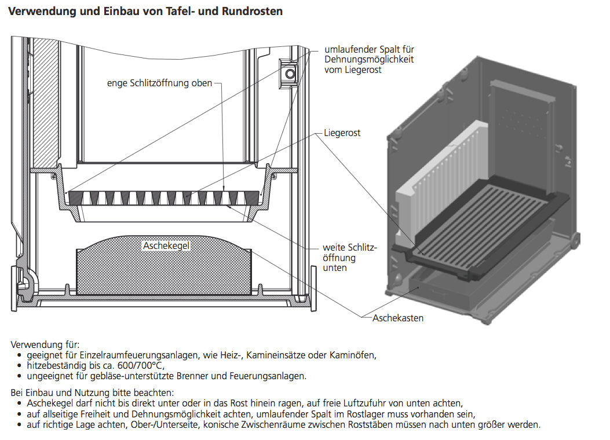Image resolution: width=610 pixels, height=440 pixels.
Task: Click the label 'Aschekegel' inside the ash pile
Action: (166, 246)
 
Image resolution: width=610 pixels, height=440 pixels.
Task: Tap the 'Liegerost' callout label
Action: (342, 133)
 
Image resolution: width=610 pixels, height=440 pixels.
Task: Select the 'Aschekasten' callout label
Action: (398, 318)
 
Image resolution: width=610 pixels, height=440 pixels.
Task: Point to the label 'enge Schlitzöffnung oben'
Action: (159, 83)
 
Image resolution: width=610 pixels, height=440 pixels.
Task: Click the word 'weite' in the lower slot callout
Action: (334, 248)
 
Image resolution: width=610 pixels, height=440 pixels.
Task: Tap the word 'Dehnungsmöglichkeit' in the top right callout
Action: (369, 60)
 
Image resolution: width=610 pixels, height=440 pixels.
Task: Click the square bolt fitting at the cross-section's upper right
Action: (288, 72)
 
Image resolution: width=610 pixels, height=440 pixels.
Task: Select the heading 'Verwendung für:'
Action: (45, 345)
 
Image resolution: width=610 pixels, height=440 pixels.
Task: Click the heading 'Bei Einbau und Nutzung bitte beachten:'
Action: (92, 393)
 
